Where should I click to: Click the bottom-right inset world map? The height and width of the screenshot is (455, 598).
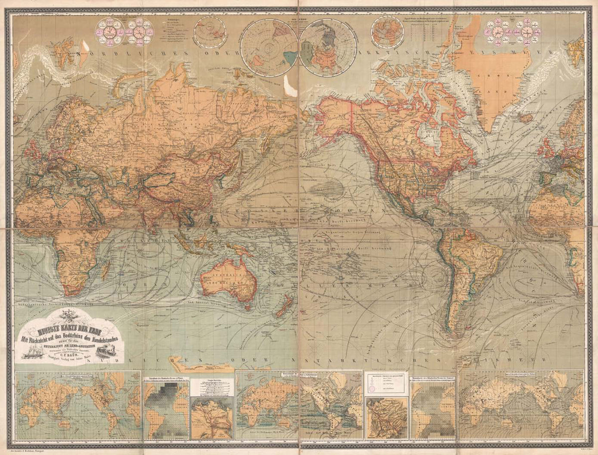click(x=521, y=405)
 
